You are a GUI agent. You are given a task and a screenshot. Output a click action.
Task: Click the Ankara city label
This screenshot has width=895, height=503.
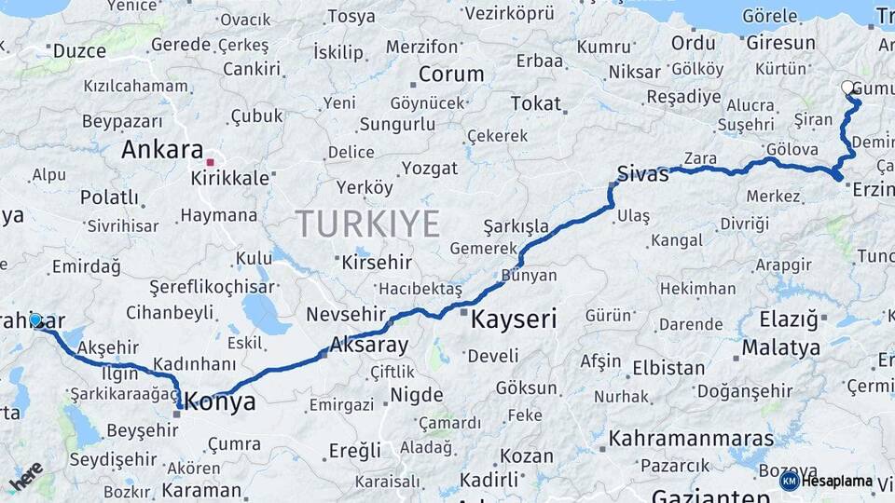click(x=162, y=149)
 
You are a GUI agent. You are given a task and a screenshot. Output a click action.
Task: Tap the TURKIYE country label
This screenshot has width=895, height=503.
click(x=368, y=224)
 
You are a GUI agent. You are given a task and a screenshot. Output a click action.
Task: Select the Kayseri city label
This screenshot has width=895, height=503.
click(x=514, y=320)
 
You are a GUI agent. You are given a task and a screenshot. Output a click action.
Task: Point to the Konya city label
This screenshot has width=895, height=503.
click(x=222, y=402)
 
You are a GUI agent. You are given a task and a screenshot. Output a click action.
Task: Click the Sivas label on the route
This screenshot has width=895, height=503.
click(x=643, y=173)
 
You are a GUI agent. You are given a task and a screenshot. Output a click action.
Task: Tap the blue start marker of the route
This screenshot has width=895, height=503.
click(x=35, y=319)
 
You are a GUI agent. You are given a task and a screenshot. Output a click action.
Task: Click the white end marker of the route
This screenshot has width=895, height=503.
click(x=847, y=88)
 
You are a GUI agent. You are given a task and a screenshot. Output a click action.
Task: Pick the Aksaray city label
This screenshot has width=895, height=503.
click(x=369, y=346)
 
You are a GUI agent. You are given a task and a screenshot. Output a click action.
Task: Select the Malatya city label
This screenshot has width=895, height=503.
click(x=781, y=348)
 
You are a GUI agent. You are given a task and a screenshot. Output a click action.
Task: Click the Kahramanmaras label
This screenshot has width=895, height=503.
click(x=691, y=438)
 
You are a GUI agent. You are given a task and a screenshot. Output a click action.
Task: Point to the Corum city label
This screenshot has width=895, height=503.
click(x=450, y=75)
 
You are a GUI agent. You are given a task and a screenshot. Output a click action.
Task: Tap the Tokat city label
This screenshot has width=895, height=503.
click(x=535, y=103)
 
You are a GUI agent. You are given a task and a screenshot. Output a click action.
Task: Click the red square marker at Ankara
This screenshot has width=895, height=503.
click(x=211, y=162)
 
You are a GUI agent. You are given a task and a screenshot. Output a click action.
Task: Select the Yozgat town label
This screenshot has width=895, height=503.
click(x=430, y=169)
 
